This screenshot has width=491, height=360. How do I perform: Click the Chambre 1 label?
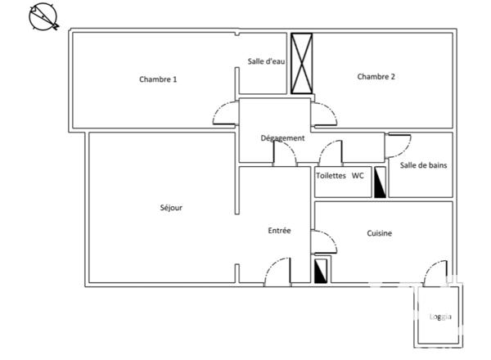tap(158, 79)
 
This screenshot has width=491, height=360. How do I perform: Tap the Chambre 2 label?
tap(376, 77)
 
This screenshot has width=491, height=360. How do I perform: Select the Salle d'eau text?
tap(266, 62)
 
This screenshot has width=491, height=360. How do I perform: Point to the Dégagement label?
tap(282, 138)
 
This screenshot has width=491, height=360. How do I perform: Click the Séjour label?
tap(171, 208)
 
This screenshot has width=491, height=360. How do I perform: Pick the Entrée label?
tap(279, 231)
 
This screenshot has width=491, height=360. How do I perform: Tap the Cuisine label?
tap(379, 233)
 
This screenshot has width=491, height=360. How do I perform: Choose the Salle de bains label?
tap(423, 165)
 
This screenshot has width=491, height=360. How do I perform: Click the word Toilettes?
tap(331, 176)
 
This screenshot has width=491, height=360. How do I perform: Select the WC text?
tap(358, 176)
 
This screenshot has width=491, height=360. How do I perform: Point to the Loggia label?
tap(440, 317)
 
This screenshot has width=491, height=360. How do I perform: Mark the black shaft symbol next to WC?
tap(380, 183)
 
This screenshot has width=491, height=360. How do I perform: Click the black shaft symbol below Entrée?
tap(322, 270)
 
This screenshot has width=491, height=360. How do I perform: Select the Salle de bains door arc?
tap(399, 145)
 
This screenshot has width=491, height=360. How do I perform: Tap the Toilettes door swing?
tap(331, 154)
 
